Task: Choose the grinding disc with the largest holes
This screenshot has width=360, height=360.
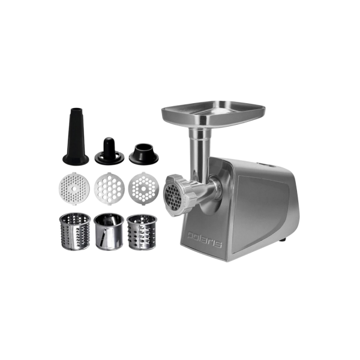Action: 108,187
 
